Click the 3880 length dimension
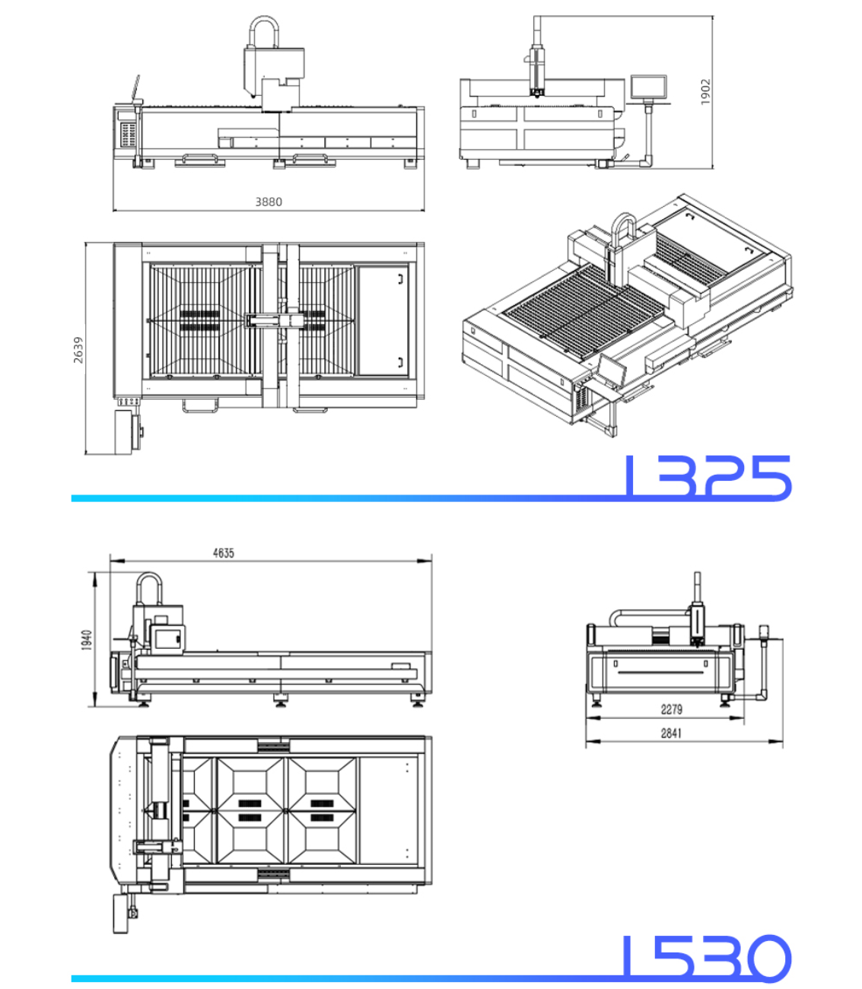tap(269, 202)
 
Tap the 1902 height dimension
tap(705, 92)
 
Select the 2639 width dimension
tap(78, 350)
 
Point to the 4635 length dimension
tap(224, 553)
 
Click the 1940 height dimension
tap(87, 640)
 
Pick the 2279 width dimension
tap(672, 709)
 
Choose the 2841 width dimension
tap(672, 733)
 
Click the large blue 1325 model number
tap(708, 476)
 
